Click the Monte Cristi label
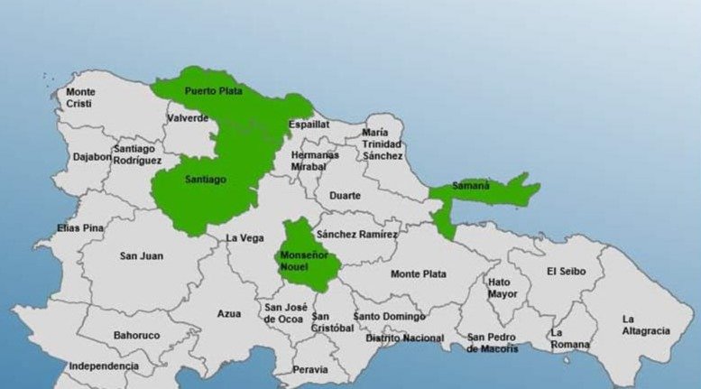[80, 97]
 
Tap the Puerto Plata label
[213, 91]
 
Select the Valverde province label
[188, 118]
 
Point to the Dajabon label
[91, 156]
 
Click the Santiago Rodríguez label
[137, 154]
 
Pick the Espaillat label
[309, 125]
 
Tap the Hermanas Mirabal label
[315, 161]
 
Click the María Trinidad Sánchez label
[382, 144]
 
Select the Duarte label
[345, 195]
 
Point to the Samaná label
[471, 186]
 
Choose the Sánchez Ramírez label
[357, 234]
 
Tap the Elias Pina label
[80, 228]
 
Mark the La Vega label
[244, 238]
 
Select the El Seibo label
[566, 271]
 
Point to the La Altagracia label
[645, 325]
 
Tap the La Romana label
[569, 338]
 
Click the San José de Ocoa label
[282, 312]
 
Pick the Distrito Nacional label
[404, 338]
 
